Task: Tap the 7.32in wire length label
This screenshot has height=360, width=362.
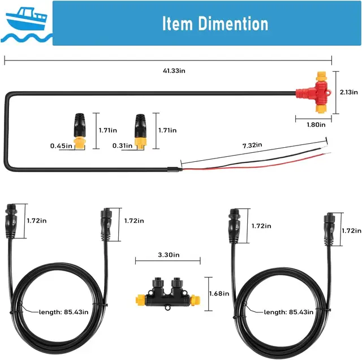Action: coord(252,145)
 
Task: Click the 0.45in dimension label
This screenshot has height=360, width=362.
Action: coord(61,146)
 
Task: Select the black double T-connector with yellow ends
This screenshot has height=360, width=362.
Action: coord(167,294)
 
